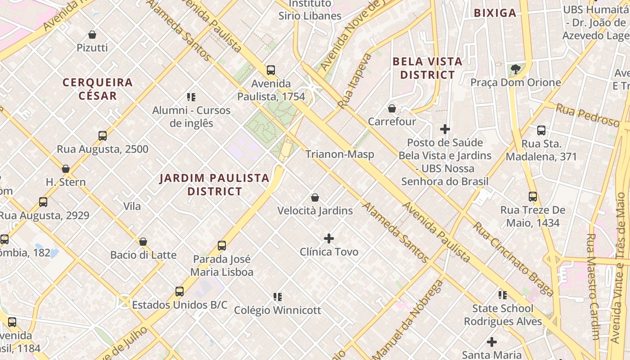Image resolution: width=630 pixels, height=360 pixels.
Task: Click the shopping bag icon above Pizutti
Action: [92, 35]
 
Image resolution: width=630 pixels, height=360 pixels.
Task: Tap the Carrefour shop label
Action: [392, 121]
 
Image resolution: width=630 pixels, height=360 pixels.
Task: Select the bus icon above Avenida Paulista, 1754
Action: [271, 70]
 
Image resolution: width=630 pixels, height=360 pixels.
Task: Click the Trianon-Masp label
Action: [340, 154]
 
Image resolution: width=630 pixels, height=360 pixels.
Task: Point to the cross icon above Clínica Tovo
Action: [329, 238]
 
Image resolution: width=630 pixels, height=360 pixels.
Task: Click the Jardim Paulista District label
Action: [215, 184]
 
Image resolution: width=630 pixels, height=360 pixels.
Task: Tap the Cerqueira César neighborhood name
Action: [98, 89]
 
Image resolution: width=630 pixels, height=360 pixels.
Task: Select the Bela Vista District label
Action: [427, 68]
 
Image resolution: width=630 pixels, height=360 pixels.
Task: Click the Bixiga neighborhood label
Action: [495, 13]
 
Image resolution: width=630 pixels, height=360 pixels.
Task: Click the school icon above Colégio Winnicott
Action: [278, 297]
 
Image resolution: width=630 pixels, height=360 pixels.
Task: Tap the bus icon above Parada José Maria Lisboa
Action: [222, 246]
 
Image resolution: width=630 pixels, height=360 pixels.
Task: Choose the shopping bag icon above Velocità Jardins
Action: [315, 198]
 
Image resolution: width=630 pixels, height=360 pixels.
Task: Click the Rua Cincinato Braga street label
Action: [513, 258]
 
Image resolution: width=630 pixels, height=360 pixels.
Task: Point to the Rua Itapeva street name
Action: [355, 81]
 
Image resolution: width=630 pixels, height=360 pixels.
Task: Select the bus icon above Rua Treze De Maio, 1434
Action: [533, 197]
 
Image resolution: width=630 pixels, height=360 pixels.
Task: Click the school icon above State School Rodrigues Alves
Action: [503, 295]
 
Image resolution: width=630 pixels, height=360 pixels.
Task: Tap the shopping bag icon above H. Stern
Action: [66, 169]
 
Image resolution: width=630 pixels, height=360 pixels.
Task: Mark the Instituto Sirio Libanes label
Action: [310, 10]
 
